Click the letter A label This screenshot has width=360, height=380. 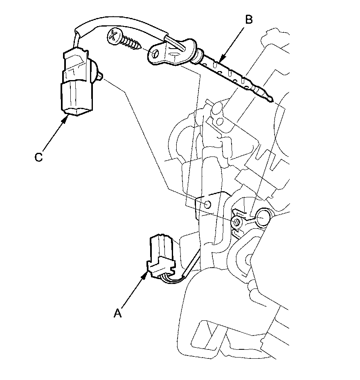point(117,313)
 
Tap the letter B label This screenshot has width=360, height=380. point(248,19)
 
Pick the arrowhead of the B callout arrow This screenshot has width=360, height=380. point(220,61)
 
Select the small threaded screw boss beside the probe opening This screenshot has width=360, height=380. point(236,222)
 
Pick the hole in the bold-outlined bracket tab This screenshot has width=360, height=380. point(207,203)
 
